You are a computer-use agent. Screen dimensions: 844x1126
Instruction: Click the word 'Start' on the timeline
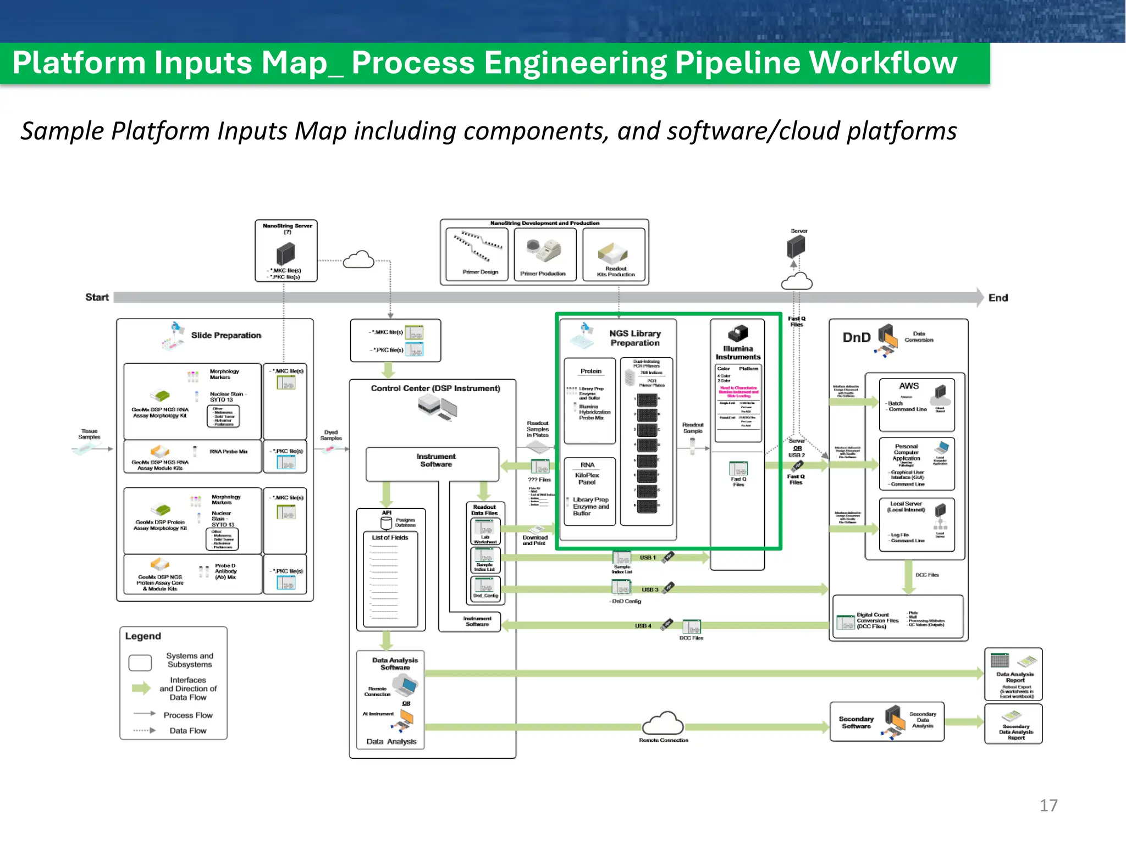(97, 297)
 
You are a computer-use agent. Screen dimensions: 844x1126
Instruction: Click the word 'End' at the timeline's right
(998, 298)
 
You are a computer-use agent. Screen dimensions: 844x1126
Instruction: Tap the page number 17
(1048, 806)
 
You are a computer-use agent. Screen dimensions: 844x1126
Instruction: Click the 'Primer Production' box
(544, 254)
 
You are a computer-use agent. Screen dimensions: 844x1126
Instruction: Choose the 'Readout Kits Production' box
(614, 255)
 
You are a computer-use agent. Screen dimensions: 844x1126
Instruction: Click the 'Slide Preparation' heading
(226, 335)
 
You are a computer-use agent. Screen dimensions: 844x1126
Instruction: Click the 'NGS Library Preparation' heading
(634, 338)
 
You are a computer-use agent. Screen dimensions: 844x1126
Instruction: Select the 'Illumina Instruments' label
(738, 353)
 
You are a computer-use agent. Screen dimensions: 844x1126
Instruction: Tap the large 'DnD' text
(857, 337)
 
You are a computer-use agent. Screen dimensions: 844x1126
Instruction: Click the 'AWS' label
(909, 386)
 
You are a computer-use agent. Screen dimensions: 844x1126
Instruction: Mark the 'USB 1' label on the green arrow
(647, 557)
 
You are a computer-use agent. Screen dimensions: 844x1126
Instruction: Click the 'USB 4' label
(643, 626)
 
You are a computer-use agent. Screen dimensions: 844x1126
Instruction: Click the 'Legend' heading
(143, 636)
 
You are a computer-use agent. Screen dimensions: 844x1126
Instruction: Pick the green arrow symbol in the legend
(141, 688)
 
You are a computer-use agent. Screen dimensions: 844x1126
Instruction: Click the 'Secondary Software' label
(856, 723)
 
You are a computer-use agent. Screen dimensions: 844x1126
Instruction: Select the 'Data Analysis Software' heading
(395, 664)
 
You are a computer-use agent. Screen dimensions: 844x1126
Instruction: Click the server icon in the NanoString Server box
(285, 254)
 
